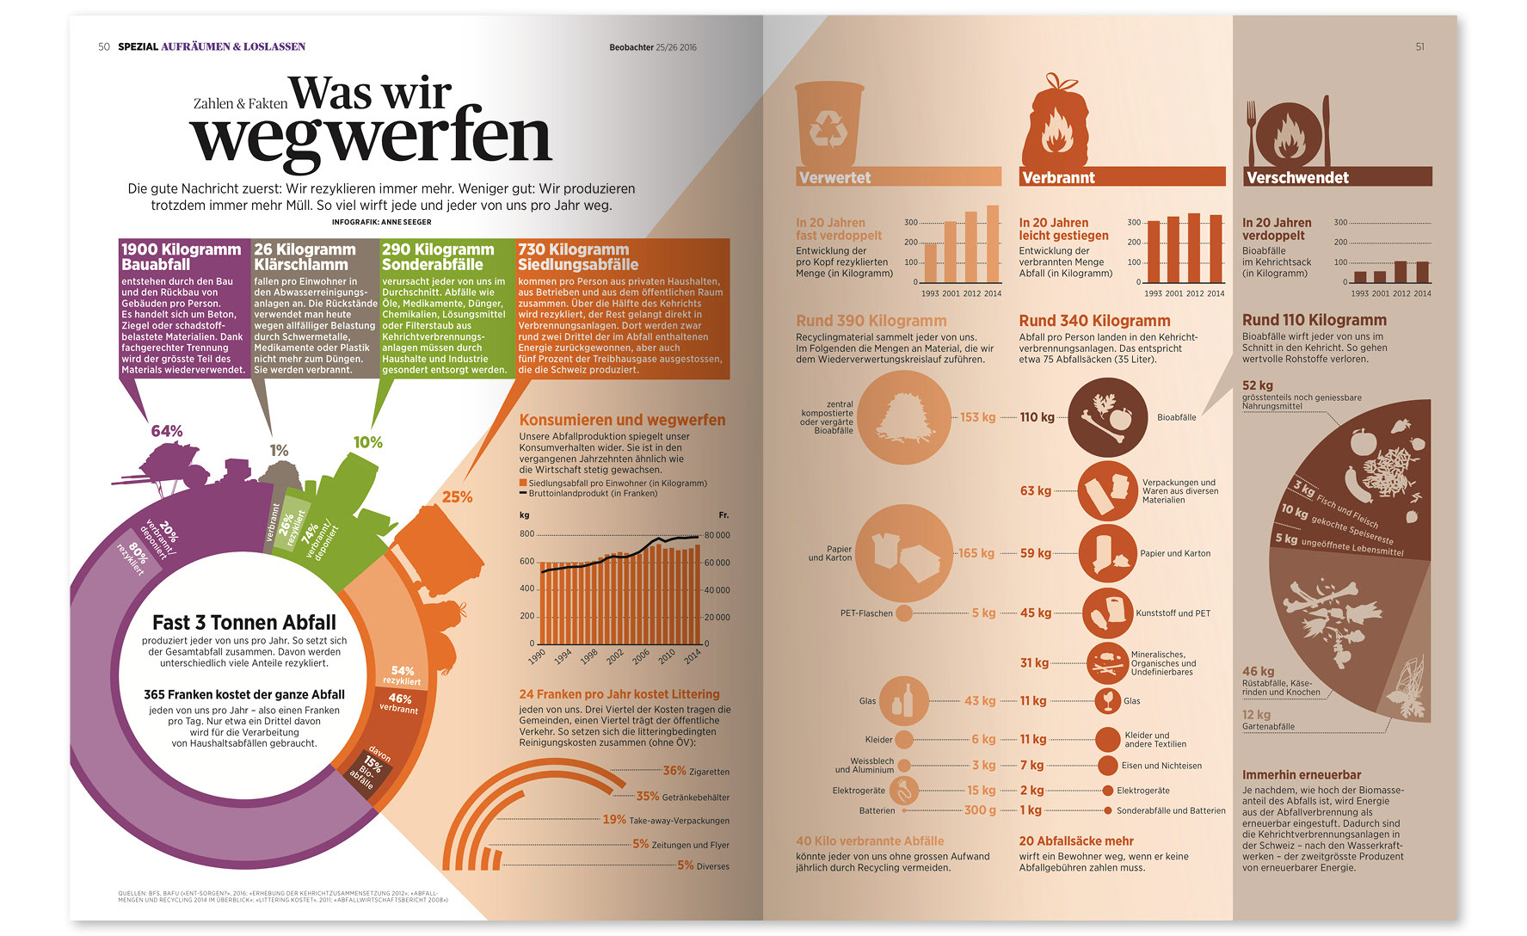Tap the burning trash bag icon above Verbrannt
1054,124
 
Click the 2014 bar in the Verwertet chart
993,243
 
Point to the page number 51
1419,47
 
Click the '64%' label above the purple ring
167,431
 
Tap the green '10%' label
367,442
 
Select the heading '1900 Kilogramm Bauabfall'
181,257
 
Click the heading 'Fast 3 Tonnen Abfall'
244,622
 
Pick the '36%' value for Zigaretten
674,771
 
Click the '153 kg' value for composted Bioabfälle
977,417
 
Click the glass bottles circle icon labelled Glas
903,700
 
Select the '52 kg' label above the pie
1257,385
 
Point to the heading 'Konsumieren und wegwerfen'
622,420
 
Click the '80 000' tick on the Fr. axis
717,535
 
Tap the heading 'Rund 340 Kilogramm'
1094,321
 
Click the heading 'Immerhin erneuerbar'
1301,774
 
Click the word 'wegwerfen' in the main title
370,138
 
